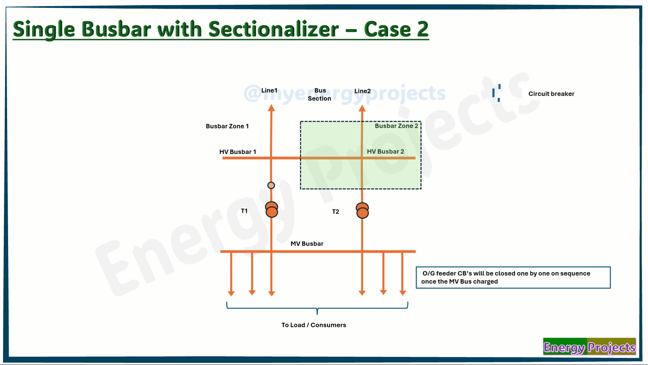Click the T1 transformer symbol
point(272,210)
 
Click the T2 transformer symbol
point(363,211)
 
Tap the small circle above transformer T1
point(271,185)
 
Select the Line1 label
point(269,91)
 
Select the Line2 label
point(363,91)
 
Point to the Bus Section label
point(320,95)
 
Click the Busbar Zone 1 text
point(227,126)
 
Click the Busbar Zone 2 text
point(396,126)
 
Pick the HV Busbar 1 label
point(238,152)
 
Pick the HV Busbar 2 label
point(385,151)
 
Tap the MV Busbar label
point(307,244)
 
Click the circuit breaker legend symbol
point(496,93)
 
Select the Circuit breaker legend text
point(551,94)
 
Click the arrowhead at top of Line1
point(271,108)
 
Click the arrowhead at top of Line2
point(362,108)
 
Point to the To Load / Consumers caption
point(314,325)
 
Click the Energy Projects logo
point(590,347)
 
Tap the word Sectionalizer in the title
point(273,29)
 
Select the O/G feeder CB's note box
point(513,277)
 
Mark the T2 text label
point(335,212)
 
